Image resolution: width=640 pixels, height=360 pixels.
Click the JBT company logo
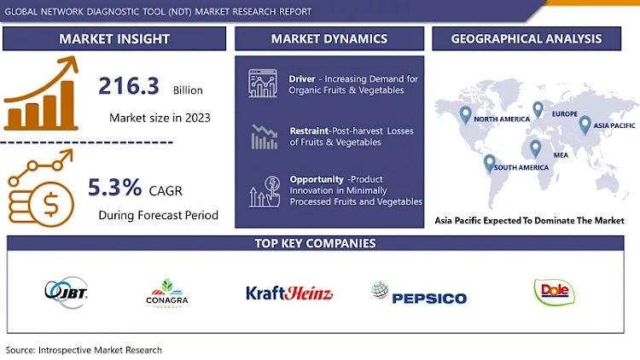[66, 292]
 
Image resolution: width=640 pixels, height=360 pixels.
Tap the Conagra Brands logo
[167, 293]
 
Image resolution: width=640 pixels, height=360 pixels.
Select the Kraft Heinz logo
[289, 293]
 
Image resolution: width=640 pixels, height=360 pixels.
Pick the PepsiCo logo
[419, 293]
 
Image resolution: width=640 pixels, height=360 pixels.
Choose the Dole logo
[555, 292]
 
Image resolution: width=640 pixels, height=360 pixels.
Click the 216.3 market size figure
[129, 86]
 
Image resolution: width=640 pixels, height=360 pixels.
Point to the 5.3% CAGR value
[115, 188]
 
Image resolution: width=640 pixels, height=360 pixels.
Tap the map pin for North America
[465, 115]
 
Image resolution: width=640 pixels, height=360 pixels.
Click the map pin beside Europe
[538, 110]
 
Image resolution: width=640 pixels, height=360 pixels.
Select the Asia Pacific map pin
[585, 125]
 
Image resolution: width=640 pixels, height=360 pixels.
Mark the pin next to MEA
[536, 148]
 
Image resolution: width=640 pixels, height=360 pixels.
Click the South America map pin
[490, 164]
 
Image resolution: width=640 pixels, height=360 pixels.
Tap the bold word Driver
[302, 78]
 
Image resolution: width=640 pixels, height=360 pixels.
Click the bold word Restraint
[309, 131]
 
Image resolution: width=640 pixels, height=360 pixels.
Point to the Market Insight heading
[114, 38]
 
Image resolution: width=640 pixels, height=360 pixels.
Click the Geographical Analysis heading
[527, 38]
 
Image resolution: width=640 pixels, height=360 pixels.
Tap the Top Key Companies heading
[315, 243]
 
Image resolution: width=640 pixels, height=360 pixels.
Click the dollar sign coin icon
[51, 204]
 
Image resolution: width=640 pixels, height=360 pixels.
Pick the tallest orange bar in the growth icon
[67, 105]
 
